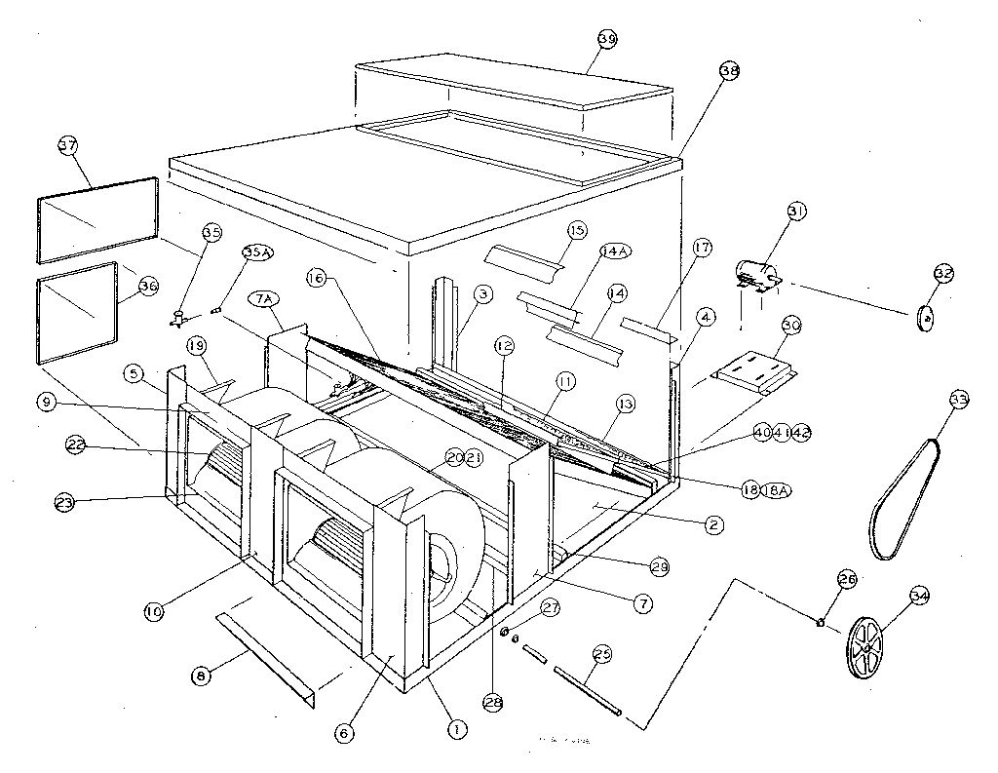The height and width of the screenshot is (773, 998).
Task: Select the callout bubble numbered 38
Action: click(729, 71)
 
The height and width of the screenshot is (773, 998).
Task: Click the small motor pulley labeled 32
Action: click(927, 318)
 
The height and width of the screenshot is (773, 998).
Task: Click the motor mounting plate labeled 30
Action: click(755, 375)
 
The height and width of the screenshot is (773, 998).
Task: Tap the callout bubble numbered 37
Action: click(67, 146)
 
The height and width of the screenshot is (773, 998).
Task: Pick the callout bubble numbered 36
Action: click(148, 286)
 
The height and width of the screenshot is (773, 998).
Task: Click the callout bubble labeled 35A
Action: click(257, 252)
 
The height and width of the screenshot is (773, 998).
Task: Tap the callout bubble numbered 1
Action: click(452, 725)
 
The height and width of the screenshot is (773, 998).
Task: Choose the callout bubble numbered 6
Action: click(346, 731)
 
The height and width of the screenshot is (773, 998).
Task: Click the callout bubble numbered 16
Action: click(315, 278)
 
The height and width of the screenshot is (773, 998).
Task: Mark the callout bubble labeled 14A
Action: click(615, 251)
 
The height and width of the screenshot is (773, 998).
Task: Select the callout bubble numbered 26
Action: click(846, 579)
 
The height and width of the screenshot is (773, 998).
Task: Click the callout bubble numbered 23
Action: click(65, 502)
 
